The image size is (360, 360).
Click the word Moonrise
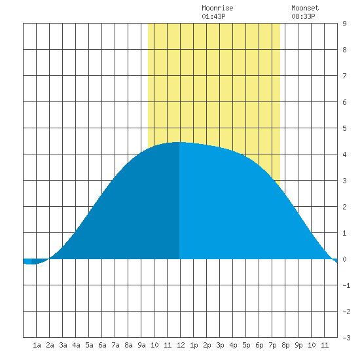tap(217, 8)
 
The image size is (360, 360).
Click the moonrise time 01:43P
tap(213, 16)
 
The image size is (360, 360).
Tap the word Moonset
tap(305, 8)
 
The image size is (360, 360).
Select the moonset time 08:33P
tap(303, 16)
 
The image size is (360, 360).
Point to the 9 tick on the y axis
tap(344, 24)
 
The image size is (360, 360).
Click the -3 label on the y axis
tap(346, 338)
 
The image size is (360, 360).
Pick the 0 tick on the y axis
tap(344, 259)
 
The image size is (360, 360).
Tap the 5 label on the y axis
tap(344, 128)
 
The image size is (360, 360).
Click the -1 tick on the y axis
tap(346, 285)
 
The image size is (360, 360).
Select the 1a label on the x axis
tap(37, 345)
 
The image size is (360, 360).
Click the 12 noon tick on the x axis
tap(181, 345)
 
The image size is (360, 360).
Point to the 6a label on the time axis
tap(102, 345)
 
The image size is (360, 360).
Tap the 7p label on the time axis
tap(272, 345)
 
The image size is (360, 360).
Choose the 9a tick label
tap(141, 345)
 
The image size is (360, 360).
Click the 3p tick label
tap(220, 345)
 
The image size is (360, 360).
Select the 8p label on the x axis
tap(285, 345)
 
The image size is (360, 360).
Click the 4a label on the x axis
tap(76, 345)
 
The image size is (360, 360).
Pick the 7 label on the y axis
tap(344, 76)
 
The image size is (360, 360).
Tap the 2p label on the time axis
tap(207, 345)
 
